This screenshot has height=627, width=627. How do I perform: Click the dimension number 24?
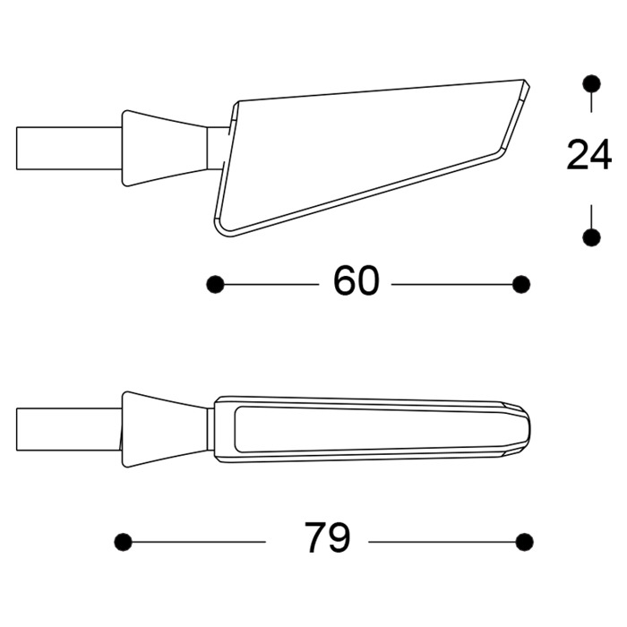pyautogui.click(x=588, y=157)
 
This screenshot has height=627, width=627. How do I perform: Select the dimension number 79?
pyautogui.click(x=327, y=540)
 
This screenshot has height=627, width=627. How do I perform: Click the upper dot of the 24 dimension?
pyautogui.click(x=590, y=84)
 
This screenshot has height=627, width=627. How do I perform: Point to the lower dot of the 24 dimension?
pyautogui.click(x=590, y=236)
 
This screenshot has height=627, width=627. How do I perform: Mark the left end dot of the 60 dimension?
pyautogui.click(x=215, y=284)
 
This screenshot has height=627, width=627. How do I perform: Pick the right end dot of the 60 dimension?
pyautogui.click(x=521, y=284)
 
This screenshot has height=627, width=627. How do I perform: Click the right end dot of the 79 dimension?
pyautogui.click(x=525, y=541)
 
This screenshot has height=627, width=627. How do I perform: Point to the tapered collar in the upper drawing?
pyautogui.click(x=166, y=148)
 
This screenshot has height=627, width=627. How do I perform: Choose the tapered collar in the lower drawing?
pyautogui.click(x=166, y=429)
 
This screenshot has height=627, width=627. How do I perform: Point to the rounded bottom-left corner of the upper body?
pyautogui.click(x=222, y=229)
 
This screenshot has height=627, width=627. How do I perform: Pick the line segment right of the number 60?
pyautogui.click(x=452, y=284)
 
